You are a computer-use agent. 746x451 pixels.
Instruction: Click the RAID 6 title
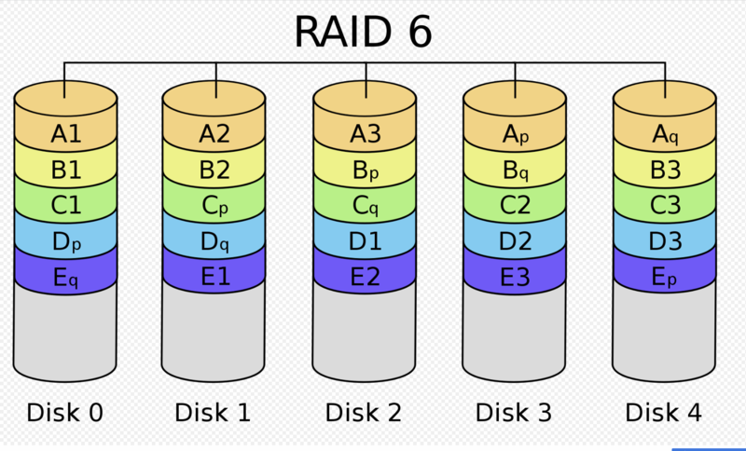click(364, 33)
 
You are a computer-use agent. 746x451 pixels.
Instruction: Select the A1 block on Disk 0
click(65, 134)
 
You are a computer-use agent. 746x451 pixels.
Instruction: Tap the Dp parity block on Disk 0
click(65, 242)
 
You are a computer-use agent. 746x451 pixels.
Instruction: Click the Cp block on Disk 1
click(214, 206)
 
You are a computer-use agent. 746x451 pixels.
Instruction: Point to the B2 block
click(214, 171)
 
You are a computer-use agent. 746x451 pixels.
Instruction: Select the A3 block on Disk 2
click(366, 134)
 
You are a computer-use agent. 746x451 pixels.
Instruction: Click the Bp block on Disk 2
click(366, 171)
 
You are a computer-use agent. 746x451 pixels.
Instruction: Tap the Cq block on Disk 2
click(366, 206)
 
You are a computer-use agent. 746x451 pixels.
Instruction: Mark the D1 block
click(366, 242)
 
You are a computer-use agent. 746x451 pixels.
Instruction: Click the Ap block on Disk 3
click(515, 134)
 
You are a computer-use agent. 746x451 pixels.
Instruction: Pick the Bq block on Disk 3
click(515, 171)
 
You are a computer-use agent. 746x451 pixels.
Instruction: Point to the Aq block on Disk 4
click(665, 134)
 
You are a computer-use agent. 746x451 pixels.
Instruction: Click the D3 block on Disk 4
click(665, 242)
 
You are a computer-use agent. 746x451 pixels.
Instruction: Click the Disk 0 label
click(64, 412)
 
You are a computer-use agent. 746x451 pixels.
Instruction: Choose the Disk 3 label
click(514, 412)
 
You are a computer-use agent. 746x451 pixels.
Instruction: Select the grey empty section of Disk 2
click(366, 331)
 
